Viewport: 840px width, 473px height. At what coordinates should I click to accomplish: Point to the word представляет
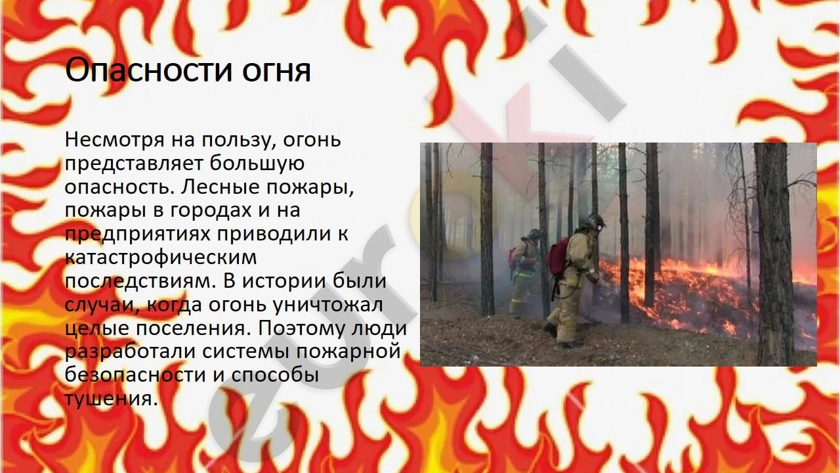(134, 164)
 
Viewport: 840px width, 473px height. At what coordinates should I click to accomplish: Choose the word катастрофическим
(161, 258)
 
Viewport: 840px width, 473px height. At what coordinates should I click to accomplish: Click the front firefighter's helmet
(592, 222)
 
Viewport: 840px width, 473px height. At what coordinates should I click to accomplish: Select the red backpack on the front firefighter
(558, 256)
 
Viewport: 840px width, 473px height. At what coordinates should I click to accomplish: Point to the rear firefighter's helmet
(532, 235)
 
